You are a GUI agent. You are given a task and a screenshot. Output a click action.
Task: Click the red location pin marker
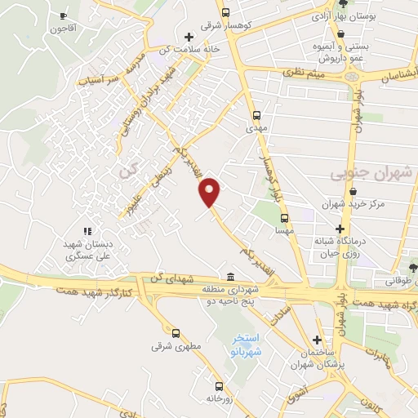click(x=210, y=191)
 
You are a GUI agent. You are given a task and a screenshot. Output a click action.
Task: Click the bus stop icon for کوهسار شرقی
click(x=226, y=12)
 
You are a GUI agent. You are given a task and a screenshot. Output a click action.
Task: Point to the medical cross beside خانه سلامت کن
click(x=189, y=37)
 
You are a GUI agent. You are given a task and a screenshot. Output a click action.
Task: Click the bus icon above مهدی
click(x=256, y=115)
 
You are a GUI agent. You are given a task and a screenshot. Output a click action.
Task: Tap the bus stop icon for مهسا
click(x=285, y=219)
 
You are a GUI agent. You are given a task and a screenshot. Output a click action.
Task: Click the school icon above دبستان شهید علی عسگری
click(x=87, y=232)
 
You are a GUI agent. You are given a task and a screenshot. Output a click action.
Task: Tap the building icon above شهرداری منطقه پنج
click(x=231, y=276)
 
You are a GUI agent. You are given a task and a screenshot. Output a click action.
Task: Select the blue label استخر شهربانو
click(x=246, y=343)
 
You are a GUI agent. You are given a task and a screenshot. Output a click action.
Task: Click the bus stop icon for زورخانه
click(x=218, y=386)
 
